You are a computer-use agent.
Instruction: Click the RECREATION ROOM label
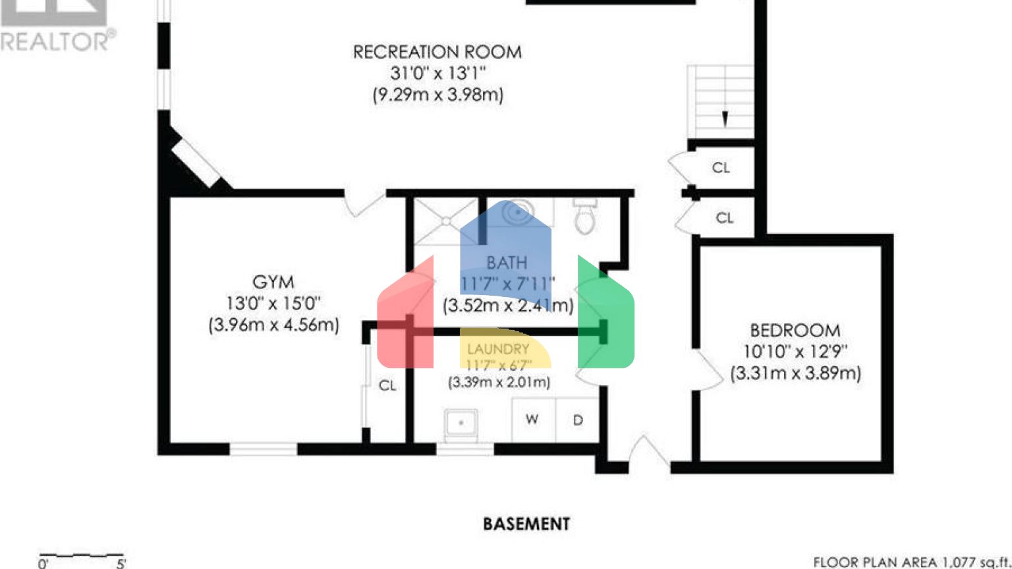437,52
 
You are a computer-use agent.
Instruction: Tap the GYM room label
273,282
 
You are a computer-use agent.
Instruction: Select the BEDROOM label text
795,330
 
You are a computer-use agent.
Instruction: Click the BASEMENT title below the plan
526,524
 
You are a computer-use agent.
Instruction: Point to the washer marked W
532,420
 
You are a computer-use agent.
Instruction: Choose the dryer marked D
578,420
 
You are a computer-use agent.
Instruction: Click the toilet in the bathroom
584,217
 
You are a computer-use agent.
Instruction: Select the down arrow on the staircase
725,119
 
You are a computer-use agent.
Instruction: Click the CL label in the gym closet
387,385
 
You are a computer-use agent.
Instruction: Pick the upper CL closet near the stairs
721,168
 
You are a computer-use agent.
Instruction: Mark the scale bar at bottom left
82,557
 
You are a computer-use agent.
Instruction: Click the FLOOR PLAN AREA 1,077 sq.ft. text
911,562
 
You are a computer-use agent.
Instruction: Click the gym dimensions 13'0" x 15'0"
273,304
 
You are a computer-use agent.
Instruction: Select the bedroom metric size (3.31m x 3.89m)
795,373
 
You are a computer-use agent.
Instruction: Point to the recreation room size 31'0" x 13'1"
437,73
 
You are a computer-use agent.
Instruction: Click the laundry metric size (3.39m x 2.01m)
499,382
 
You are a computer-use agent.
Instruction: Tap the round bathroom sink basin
518,213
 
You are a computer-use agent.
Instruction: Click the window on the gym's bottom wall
263,449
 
